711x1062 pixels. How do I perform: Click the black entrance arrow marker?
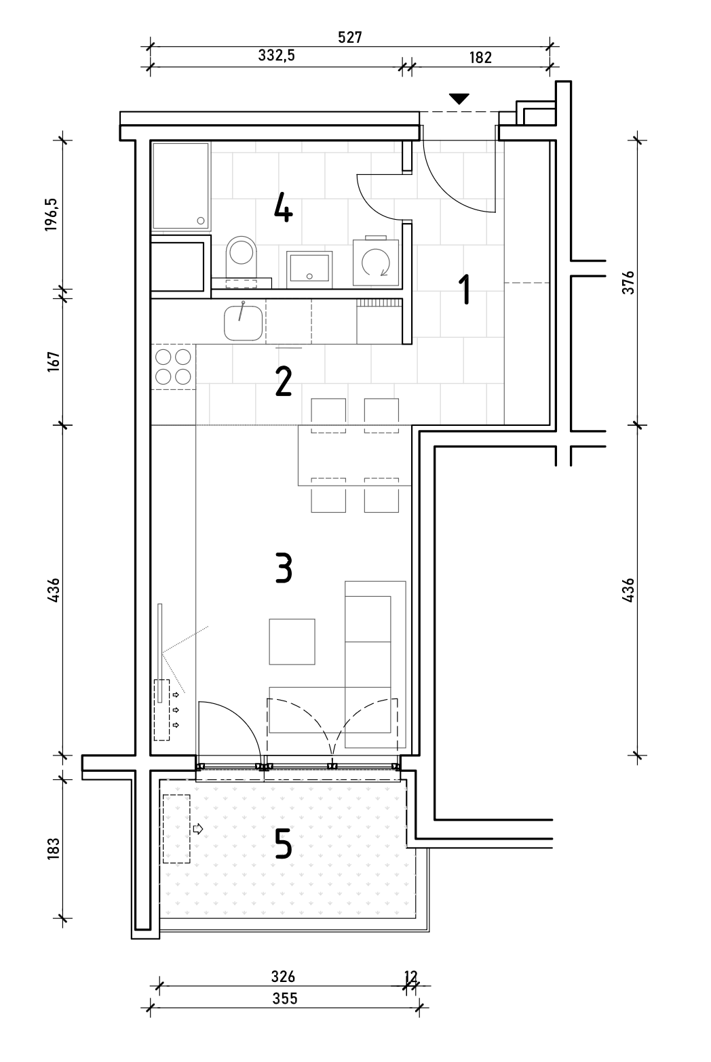point(459,98)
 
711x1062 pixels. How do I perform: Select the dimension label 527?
point(350,37)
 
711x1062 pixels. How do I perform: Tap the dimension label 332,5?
point(277,56)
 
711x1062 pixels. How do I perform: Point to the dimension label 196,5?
point(52,214)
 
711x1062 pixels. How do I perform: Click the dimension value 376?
point(628,283)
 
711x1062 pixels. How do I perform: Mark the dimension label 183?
point(54,848)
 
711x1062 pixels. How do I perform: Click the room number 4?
point(283,208)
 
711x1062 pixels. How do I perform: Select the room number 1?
point(465,289)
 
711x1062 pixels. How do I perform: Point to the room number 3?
point(284,567)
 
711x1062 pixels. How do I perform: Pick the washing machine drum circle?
point(376,262)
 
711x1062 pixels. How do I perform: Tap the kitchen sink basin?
point(244,323)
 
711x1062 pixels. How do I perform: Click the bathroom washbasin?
point(309,269)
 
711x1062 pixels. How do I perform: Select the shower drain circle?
point(201,220)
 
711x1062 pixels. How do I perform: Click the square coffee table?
point(292,642)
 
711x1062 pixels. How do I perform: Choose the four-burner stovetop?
point(173,366)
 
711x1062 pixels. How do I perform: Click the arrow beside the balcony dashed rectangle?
point(198,829)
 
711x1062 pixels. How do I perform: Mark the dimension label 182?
point(480,58)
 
